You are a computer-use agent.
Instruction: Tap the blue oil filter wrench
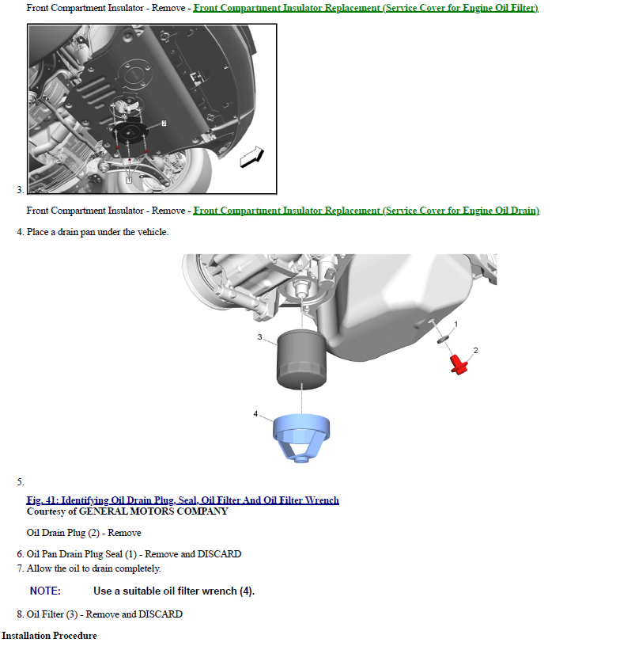click(301, 438)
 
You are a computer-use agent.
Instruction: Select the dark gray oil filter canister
click(301, 359)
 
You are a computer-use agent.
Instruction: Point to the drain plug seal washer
click(443, 340)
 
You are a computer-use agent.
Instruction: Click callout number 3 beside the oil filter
click(259, 337)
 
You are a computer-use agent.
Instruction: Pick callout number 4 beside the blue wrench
click(255, 414)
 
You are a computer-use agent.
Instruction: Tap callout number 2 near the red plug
click(475, 350)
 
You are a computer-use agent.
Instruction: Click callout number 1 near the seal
click(456, 324)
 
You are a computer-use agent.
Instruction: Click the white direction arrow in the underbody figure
click(251, 157)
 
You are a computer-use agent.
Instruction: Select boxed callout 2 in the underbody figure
click(164, 124)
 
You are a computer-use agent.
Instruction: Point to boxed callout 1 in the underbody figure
click(129, 181)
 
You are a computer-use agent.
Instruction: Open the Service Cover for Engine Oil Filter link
click(366, 8)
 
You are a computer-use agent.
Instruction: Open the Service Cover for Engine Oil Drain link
click(366, 211)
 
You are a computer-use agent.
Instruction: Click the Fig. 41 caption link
click(183, 500)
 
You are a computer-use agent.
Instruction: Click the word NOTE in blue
click(45, 591)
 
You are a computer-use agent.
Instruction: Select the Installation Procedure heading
click(49, 636)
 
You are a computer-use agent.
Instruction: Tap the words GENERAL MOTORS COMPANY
click(153, 511)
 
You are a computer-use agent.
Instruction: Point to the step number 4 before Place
click(20, 232)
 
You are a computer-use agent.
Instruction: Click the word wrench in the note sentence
click(217, 591)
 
